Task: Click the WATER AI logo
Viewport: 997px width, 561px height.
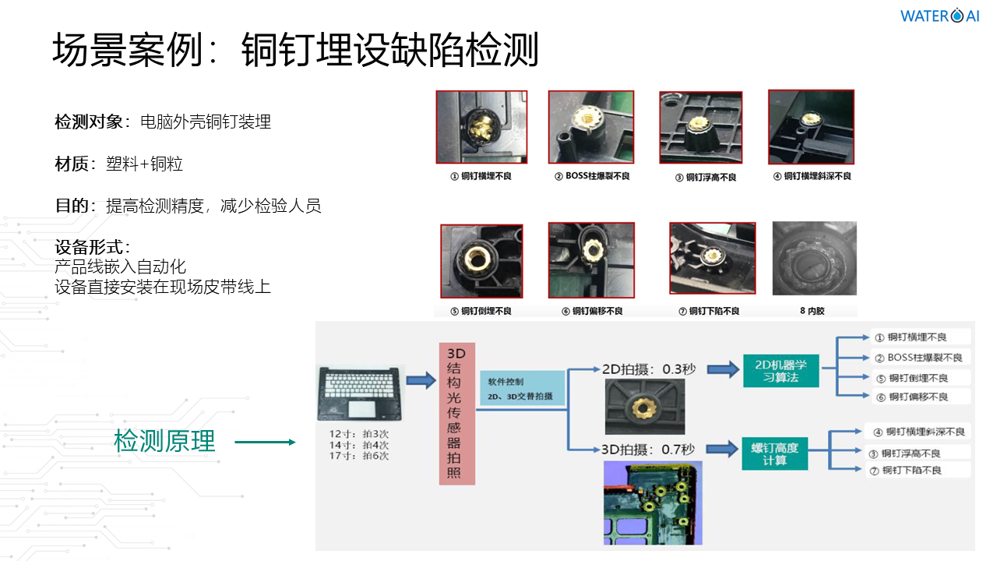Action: [939, 16]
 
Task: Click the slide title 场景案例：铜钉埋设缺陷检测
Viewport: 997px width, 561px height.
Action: [295, 51]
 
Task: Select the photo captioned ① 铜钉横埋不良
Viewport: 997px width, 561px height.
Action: [481, 127]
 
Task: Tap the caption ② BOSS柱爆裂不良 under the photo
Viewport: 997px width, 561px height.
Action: [592, 176]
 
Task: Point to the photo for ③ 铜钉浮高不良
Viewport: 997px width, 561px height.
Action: [700, 128]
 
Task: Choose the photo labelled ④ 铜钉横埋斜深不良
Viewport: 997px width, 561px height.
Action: [811, 126]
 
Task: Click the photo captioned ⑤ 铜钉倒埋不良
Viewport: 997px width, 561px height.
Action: [481, 261]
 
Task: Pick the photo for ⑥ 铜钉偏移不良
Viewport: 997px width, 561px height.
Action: [591, 259]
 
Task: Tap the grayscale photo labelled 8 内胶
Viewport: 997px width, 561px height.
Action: [814, 259]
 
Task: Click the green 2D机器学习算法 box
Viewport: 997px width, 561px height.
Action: [781, 370]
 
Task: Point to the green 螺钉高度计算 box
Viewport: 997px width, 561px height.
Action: [775, 453]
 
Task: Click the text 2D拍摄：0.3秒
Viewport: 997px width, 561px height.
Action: [648, 369]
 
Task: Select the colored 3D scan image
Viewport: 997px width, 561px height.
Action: [653, 503]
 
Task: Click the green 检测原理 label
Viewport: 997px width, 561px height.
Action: [164, 441]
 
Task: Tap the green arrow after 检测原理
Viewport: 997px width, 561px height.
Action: [265, 442]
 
